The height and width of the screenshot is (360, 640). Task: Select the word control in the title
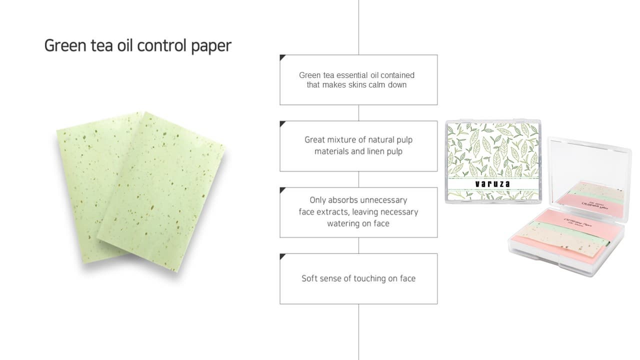click(162, 45)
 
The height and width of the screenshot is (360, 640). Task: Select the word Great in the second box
click(315, 140)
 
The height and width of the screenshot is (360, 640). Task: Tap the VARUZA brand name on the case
click(492, 184)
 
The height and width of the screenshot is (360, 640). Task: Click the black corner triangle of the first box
click(282, 57)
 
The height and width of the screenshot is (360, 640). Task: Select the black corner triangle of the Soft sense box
click(282, 256)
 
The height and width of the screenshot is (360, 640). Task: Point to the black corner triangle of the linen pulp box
click(282, 123)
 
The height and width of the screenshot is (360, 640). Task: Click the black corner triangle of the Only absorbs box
click(282, 190)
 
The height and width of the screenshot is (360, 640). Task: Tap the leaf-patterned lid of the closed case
click(492, 150)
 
